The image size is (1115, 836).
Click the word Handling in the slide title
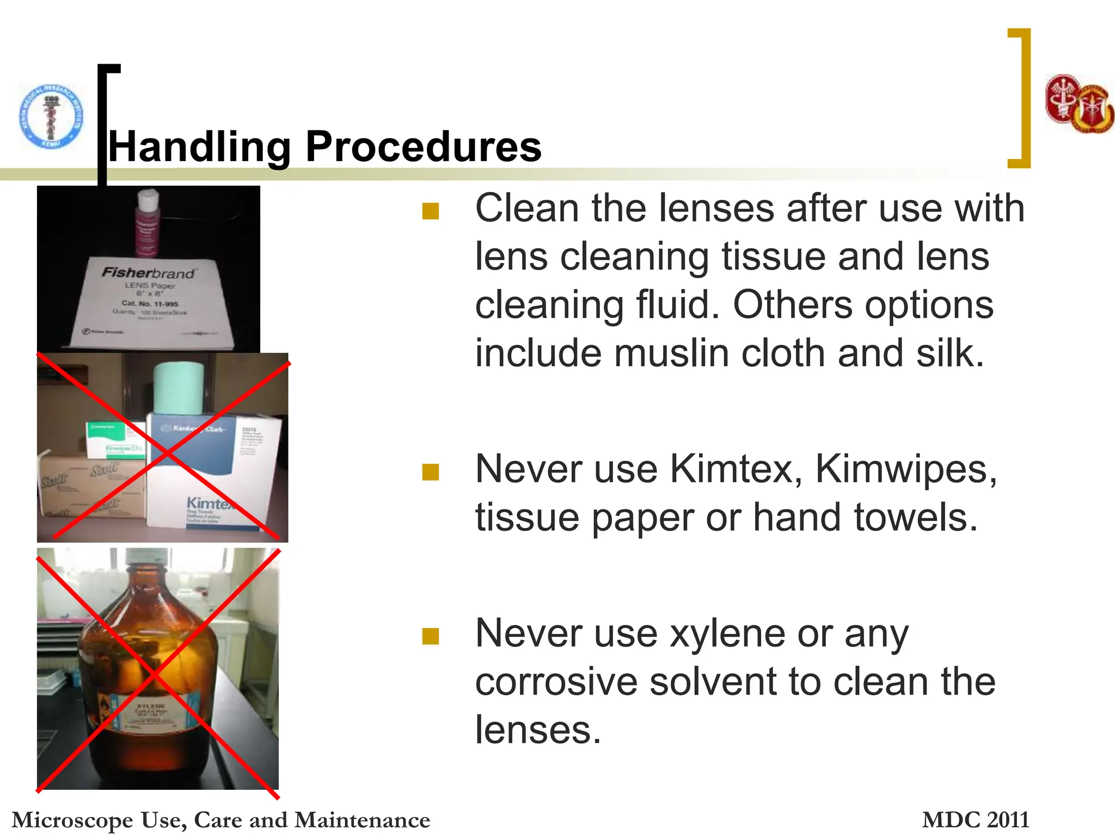click(199, 147)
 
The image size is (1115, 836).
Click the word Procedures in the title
click(423, 147)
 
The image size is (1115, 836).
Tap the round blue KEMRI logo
click(51, 116)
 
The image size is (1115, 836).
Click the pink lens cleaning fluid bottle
click(147, 223)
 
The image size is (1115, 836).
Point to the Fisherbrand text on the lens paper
click(148, 272)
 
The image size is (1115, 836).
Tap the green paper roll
click(178, 390)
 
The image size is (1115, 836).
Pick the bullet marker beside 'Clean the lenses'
click(430, 211)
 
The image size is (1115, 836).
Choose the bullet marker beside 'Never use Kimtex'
click(430, 472)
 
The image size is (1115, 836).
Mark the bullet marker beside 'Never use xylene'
click(430, 636)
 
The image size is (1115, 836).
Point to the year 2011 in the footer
click(1008, 820)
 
